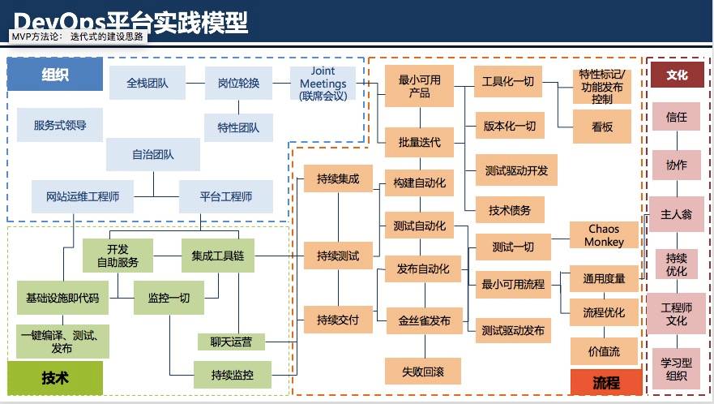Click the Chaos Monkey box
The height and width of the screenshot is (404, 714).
click(605, 236)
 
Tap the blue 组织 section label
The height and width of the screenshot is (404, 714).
click(55, 75)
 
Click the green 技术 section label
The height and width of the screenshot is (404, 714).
click(55, 377)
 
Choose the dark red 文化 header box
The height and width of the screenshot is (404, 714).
click(677, 75)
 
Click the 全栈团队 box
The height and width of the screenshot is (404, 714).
click(148, 83)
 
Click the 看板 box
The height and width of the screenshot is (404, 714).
click(602, 127)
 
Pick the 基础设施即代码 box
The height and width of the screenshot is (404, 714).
click(62, 298)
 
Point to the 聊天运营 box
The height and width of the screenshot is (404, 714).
click(231, 342)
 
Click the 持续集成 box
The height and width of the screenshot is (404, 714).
click(338, 178)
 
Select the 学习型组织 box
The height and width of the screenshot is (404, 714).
click(677, 367)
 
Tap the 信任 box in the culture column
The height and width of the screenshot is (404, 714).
click(677, 117)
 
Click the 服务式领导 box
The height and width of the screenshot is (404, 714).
click(60, 126)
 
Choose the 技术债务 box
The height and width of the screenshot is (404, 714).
click(510, 210)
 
